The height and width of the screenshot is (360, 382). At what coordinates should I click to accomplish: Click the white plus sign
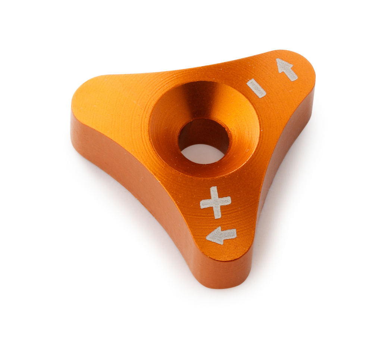coord(216,202)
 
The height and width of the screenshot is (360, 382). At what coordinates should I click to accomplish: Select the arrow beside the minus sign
coord(287,69)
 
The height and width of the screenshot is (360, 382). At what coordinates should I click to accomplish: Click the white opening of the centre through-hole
coord(202,153)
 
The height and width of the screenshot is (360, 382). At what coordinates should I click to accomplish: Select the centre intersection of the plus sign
coord(216,202)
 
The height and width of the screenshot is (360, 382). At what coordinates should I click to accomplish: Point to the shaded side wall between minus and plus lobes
coord(284,157)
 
